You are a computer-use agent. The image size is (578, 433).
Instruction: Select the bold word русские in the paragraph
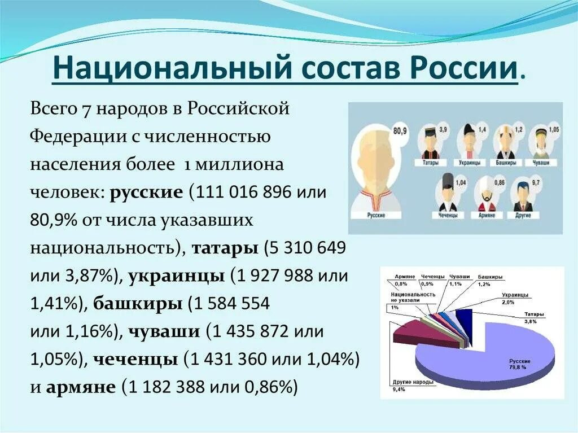click(x=146, y=193)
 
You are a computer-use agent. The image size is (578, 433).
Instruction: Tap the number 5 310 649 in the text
click(x=305, y=248)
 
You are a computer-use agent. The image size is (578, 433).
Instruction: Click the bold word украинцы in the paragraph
click(x=176, y=275)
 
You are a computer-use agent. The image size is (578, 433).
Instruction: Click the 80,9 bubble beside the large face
click(x=400, y=132)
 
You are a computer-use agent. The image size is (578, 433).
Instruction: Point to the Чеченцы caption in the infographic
click(x=449, y=215)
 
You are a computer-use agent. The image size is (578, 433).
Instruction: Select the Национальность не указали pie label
click(x=411, y=298)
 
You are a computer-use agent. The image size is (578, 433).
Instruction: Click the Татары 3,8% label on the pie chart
click(x=534, y=317)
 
